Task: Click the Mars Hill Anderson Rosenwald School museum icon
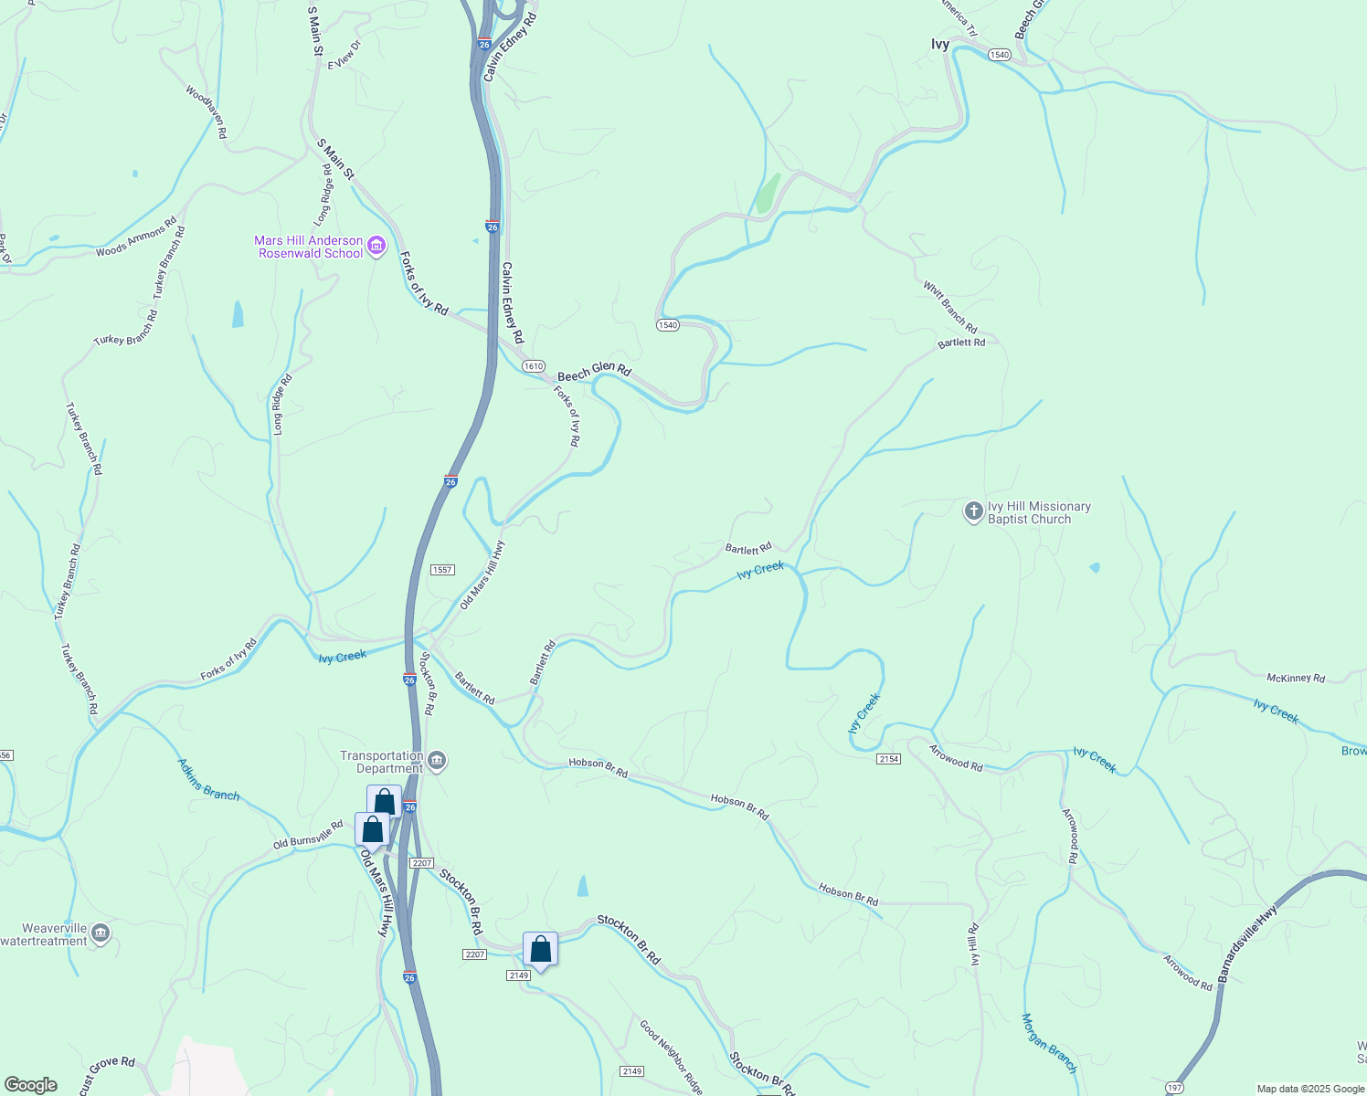(376, 246)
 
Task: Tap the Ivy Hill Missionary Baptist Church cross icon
(973, 511)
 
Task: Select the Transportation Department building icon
(437, 761)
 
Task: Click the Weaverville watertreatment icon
(101, 933)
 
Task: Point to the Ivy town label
(940, 44)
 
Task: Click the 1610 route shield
(534, 366)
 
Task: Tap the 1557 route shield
(442, 570)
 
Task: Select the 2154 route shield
(888, 759)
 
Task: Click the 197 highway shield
(1175, 1087)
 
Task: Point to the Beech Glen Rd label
(594, 373)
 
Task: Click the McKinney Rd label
(1296, 678)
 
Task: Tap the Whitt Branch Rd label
(949, 307)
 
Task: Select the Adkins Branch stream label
(208, 779)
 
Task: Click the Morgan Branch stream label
(1049, 1043)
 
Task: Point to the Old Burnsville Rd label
(308, 835)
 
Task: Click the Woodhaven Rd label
(206, 111)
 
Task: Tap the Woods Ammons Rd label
(136, 237)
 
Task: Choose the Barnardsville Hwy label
(1246, 943)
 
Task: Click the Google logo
(30, 1085)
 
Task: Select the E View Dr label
(344, 56)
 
